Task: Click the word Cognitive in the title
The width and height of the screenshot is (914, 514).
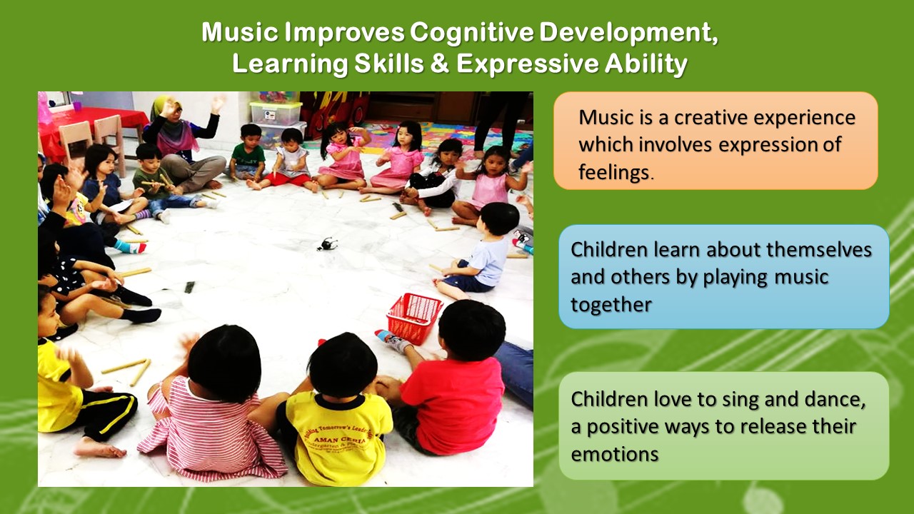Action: [x=472, y=33]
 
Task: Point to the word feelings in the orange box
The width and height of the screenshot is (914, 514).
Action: [x=613, y=172]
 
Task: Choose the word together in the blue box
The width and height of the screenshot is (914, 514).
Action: [x=611, y=305]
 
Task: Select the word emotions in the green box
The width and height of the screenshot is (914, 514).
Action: [x=615, y=455]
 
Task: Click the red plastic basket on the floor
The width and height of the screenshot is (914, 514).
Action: [x=413, y=317]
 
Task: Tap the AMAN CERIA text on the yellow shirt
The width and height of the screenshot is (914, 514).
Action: [x=339, y=441]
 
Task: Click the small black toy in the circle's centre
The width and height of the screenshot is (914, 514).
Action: [x=327, y=243]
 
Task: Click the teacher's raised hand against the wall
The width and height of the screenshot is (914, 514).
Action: [x=219, y=104]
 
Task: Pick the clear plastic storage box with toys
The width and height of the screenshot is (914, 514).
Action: [x=276, y=113]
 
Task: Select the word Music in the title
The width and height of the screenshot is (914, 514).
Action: [x=240, y=32]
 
